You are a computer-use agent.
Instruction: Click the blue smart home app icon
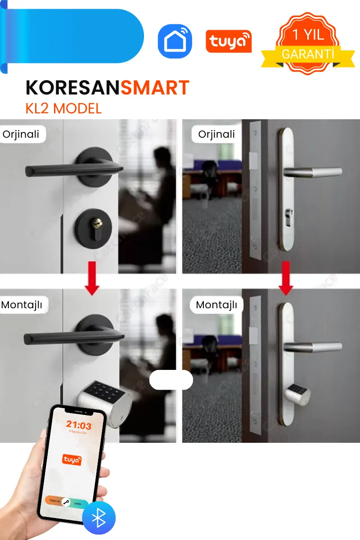coord(175,41)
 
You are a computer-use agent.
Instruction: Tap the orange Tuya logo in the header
coord(229,41)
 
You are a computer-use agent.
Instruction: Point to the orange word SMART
coord(155,88)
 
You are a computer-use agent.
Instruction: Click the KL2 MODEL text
coord(63,108)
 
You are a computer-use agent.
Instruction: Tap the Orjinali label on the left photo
coord(21,134)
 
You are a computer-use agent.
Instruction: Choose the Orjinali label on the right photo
coord(216,134)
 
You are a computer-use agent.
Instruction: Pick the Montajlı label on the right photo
coord(216,305)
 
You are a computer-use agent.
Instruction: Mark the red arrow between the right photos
coord(285,278)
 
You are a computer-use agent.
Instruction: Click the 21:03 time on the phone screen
coord(78,425)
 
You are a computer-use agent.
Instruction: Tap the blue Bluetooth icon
coord(99,518)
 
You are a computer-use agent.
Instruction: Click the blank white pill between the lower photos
coord(171,380)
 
